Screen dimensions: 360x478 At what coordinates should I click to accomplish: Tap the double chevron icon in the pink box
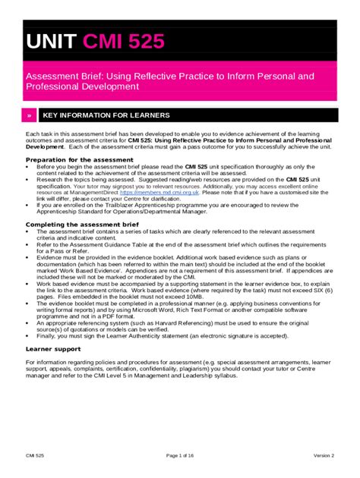29,115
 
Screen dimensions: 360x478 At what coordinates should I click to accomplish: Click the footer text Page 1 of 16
179,454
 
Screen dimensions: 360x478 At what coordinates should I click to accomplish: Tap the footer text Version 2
324,454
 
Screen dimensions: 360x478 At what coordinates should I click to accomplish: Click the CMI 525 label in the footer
34,454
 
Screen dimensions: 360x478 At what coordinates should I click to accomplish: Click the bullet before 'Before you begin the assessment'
27,167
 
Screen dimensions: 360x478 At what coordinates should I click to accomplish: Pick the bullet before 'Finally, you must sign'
27,335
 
